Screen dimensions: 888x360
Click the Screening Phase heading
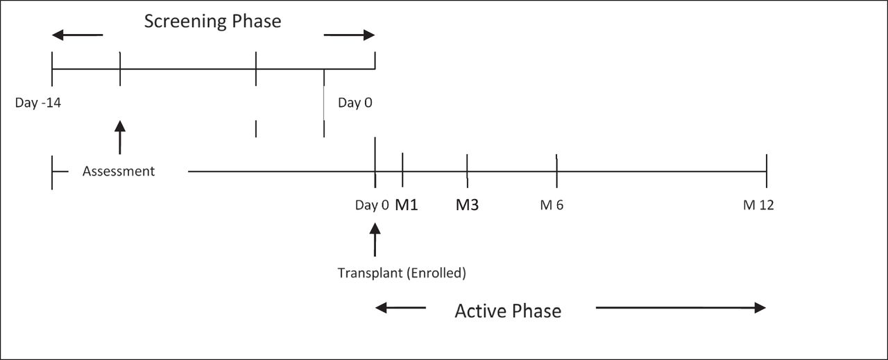(212, 22)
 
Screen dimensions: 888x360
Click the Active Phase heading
(508, 311)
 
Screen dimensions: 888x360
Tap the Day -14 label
(38, 103)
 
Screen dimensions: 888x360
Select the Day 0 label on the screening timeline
(355, 103)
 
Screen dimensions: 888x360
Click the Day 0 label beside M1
(373, 205)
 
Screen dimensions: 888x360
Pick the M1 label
(407, 205)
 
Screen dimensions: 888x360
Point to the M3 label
(468, 205)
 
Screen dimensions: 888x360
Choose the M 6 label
(552, 205)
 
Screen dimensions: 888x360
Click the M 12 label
(758, 205)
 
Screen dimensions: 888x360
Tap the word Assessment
(119, 171)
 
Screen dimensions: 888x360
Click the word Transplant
(370, 273)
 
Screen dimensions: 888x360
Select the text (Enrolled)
(436, 273)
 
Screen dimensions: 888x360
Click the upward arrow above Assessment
(120, 137)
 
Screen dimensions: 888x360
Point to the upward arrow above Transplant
(375, 239)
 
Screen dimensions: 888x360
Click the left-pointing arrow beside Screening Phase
(77, 35)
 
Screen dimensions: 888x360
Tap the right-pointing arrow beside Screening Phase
(349, 35)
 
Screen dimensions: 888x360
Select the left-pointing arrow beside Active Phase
(400, 308)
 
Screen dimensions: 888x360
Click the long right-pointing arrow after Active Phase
(681, 308)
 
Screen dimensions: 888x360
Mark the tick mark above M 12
(767, 171)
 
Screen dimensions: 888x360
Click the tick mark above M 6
(556, 171)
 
